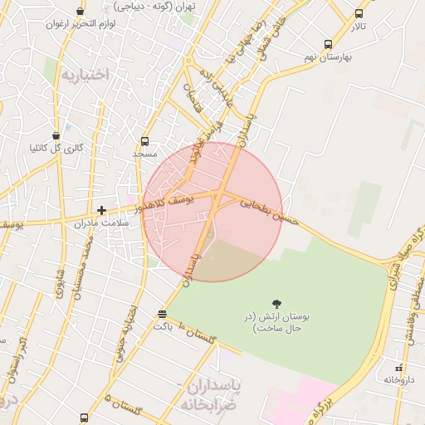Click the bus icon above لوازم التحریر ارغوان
[80, 12]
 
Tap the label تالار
[358, 27]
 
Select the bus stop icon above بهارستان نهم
[329, 44]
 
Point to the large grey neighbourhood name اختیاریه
[84, 76]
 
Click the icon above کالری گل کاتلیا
[56, 135]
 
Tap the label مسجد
[145, 154]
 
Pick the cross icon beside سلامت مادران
[101, 211]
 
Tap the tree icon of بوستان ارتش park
[276, 305]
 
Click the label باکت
[162, 326]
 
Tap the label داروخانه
[398, 379]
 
